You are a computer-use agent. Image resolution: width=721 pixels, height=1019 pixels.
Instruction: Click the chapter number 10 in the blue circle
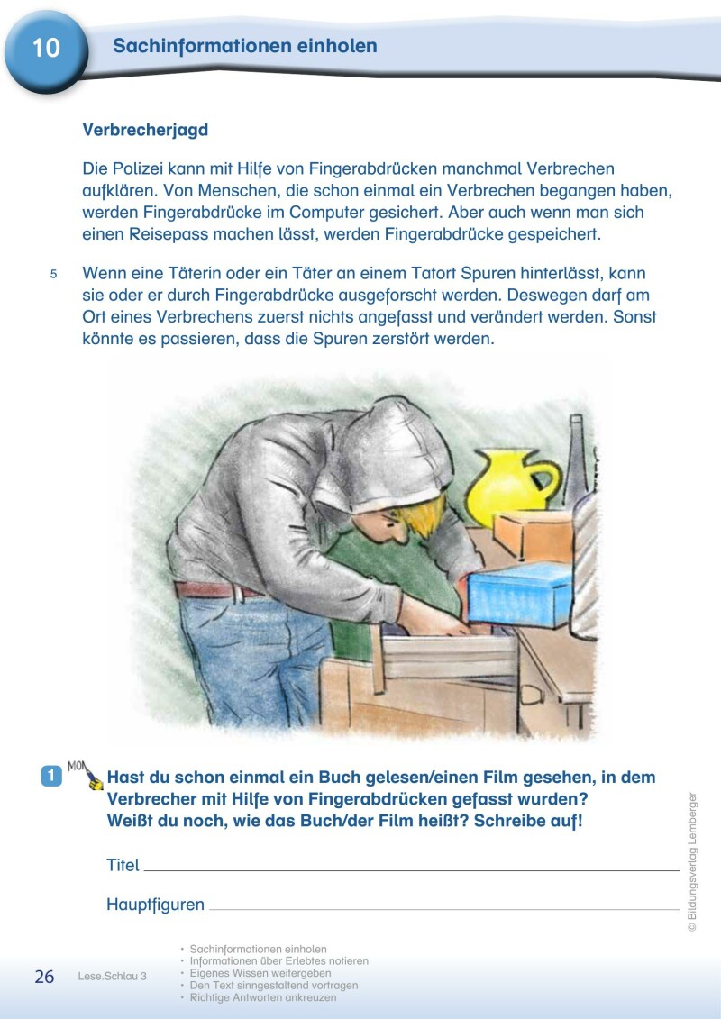(x=45, y=48)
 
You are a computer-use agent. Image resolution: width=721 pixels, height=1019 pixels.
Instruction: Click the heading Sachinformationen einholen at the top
(x=245, y=46)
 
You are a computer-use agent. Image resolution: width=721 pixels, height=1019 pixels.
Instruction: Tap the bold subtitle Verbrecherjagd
(x=145, y=130)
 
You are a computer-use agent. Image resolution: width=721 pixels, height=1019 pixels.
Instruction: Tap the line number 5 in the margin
(x=53, y=274)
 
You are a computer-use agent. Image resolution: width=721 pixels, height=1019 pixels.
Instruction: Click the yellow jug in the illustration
(x=508, y=486)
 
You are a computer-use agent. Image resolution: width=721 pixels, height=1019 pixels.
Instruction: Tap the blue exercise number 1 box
(x=51, y=775)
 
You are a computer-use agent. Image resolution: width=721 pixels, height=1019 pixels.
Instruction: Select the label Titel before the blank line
(x=123, y=865)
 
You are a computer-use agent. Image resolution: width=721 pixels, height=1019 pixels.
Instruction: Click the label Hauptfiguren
(x=155, y=905)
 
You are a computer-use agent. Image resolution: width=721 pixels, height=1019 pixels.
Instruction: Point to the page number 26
(x=44, y=977)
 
